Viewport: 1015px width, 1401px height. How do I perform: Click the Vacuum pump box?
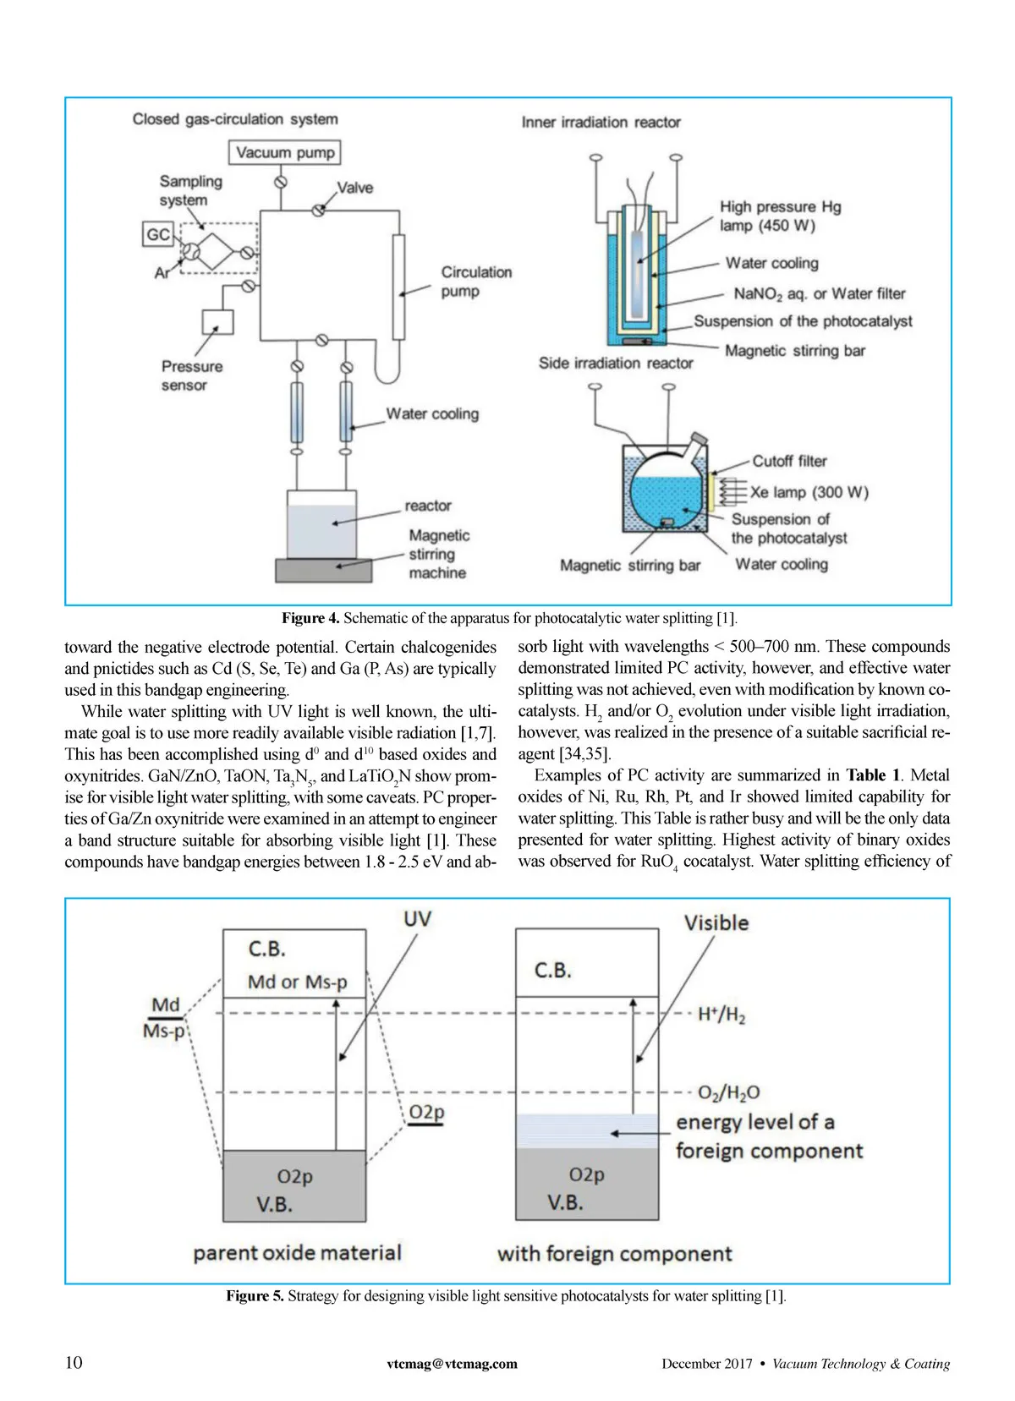[x=285, y=153]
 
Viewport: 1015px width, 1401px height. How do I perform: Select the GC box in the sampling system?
[x=158, y=234]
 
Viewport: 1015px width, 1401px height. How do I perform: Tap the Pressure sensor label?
[x=191, y=375]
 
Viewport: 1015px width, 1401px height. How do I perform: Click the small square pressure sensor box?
[x=217, y=322]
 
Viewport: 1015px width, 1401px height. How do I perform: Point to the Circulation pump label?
[x=475, y=282]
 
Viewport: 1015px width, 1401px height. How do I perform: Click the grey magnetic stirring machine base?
[x=323, y=571]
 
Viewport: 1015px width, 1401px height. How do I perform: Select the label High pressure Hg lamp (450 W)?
[x=779, y=216]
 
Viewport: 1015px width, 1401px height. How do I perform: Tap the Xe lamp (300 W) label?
[x=809, y=492]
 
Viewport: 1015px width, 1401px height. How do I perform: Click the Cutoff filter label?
[x=789, y=461]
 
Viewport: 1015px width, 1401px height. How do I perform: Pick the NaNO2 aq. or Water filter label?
[x=819, y=293]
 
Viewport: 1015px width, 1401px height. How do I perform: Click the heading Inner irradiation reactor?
[x=601, y=123]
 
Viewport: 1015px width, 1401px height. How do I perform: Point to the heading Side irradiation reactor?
[x=615, y=363]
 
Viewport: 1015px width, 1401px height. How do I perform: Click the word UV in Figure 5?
[x=417, y=918]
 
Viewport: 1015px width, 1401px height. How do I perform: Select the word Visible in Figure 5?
[x=716, y=922]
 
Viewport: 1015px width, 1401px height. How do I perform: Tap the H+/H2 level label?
[x=721, y=1015]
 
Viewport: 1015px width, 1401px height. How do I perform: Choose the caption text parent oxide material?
[x=297, y=1252]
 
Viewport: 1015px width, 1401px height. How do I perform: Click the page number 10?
[x=74, y=1362]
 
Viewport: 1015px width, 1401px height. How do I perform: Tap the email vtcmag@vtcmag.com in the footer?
[x=452, y=1364]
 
